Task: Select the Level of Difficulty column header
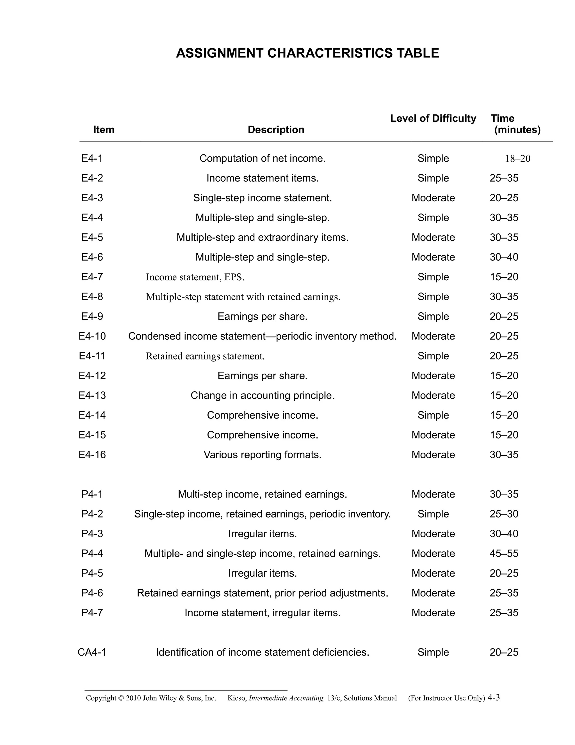point(433,118)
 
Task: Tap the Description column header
point(276,130)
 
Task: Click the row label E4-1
point(92,158)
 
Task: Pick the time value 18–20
point(517,159)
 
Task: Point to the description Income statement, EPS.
point(195,277)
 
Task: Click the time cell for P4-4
point(504,553)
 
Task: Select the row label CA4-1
point(92,652)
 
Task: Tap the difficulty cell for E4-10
point(433,336)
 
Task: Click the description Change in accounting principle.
point(262,395)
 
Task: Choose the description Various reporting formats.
point(262,455)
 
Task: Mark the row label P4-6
point(92,593)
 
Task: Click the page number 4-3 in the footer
point(494,697)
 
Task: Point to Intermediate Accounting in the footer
point(286,698)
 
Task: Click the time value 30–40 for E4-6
point(504,257)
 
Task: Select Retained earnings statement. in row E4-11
point(205,356)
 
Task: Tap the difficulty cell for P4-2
point(433,514)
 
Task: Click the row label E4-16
point(92,455)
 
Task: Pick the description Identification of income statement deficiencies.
point(262,652)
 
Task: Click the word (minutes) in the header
point(517,130)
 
